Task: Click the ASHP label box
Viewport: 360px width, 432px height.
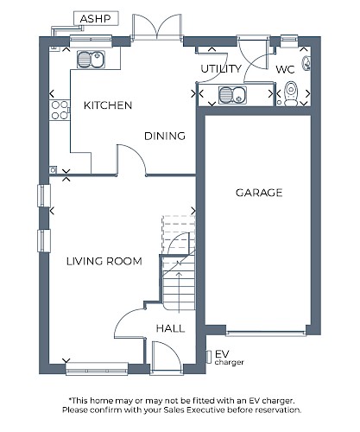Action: (x=96, y=19)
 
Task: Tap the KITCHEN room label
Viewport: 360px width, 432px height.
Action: (x=108, y=105)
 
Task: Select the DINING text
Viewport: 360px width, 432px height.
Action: (x=165, y=136)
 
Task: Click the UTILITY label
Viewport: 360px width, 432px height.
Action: (x=221, y=69)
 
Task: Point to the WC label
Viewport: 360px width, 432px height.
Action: (x=285, y=69)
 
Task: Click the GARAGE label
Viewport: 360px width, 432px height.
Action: (x=259, y=193)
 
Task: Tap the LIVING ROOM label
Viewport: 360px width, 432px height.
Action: (x=104, y=261)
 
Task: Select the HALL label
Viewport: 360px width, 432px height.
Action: (x=170, y=328)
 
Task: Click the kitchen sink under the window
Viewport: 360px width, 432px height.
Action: (x=91, y=60)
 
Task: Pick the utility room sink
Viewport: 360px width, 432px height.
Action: (x=232, y=95)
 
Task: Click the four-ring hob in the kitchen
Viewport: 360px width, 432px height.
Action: (x=60, y=110)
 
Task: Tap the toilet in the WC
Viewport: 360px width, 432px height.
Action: (x=291, y=93)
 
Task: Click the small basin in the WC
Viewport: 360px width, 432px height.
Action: (x=306, y=63)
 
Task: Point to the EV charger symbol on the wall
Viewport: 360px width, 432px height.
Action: (x=209, y=357)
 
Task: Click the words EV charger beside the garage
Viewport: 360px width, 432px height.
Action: (x=229, y=358)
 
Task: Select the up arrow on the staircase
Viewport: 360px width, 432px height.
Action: (x=179, y=292)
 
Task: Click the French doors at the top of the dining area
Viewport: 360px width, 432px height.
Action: (x=157, y=27)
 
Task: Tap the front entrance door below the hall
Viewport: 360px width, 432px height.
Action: (x=166, y=359)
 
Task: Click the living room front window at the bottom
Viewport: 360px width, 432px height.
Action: (x=97, y=369)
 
